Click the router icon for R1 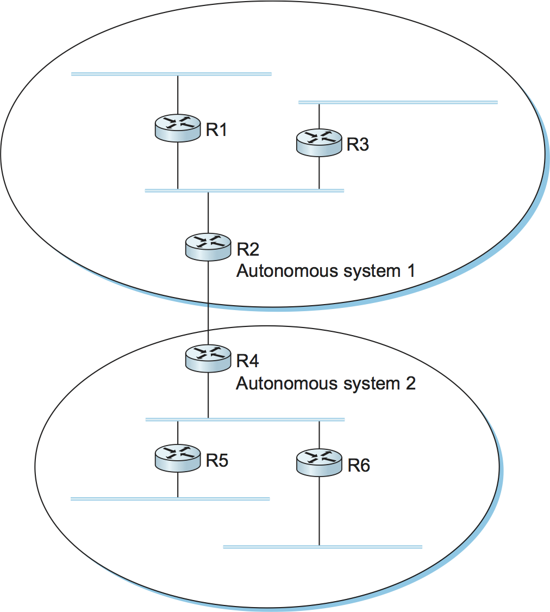pyautogui.click(x=178, y=128)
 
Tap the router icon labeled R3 pyautogui.click(x=319, y=143)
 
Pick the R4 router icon pyautogui.click(x=208, y=358)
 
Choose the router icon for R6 pyautogui.click(x=319, y=462)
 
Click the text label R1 pyautogui.click(x=216, y=130)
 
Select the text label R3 pyautogui.click(x=358, y=145)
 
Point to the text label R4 pyautogui.click(x=248, y=361)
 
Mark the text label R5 pyautogui.click(x=217, y=460)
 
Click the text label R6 pyautogui.click(x=359, y=466)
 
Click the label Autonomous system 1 pyautogui.click(x=326, y=270)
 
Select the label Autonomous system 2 pyautogui.click(x=326, y=383)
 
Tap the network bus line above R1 pyautogui.click(x=171, y=74)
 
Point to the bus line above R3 pyautogui.click(x=398, y=102)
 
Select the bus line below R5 pyautogui.click(x=170, y=499)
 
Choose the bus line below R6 pyautogui.click(x=322, y=547)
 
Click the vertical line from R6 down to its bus pyautogui.click(x=319, y=511)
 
